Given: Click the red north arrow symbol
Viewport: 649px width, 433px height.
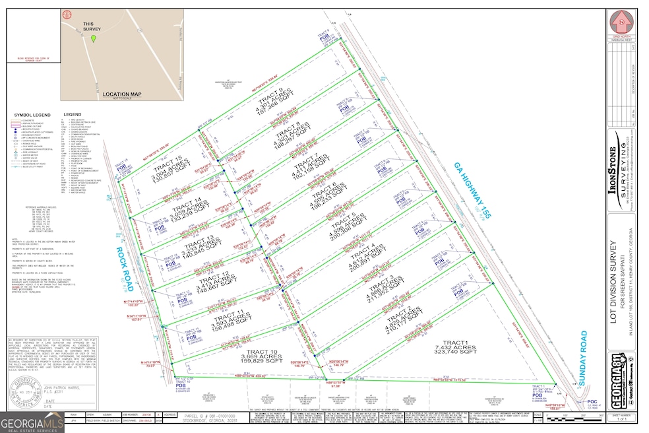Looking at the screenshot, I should [621, 19].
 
